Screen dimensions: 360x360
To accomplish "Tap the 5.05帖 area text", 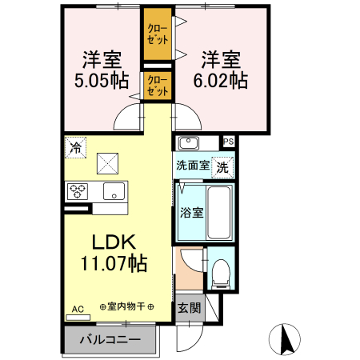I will click(x=98, y=81).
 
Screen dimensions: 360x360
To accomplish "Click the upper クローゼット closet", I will click(x=158, y=34).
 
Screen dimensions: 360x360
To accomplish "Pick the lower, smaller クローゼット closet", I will click(x=158, y=86).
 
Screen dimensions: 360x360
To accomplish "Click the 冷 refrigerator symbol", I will click(x=75, y=147).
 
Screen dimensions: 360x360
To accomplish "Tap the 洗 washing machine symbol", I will click(x=224, y=167).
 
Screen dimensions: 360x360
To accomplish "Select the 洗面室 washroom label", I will click(x=193, y=166).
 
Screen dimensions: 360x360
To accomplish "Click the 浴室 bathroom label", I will click(x=190, y=214).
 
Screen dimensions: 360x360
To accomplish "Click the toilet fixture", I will click(x=221, y=274).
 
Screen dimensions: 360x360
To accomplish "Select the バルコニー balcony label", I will click(x=110, y=340).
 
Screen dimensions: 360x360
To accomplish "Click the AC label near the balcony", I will click(x=78, y=309).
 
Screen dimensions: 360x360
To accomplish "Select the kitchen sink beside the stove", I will click(x=113, y=191).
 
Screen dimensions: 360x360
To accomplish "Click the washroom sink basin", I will click(x=189, y=144).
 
